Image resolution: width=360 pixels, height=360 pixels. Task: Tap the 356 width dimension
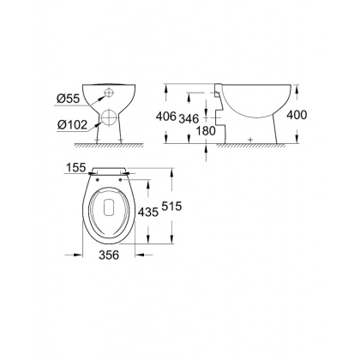point(109,255)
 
